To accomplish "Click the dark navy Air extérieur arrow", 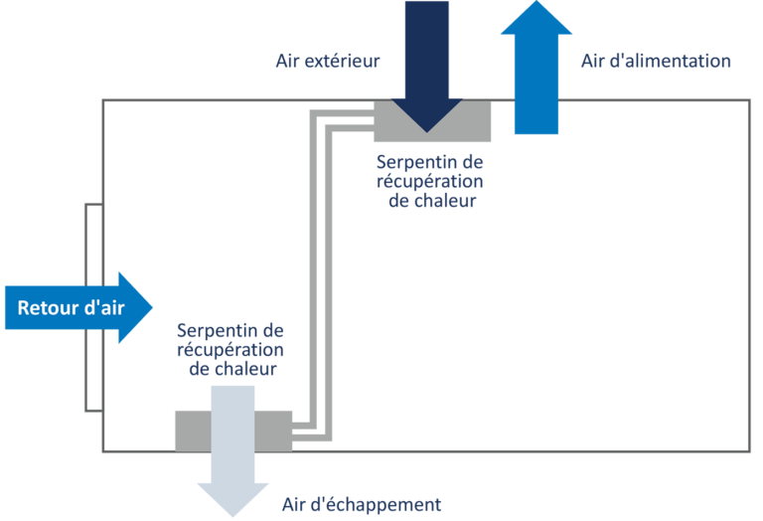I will (424, 60).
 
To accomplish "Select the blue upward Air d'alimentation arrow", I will (536, 75).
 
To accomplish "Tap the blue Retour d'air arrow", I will (75, 307).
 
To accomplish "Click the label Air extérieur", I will (327, 62).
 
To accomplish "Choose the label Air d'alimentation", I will (655, 62).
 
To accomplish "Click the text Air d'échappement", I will (361, 504).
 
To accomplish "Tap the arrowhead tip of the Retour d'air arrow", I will (149, 307).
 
